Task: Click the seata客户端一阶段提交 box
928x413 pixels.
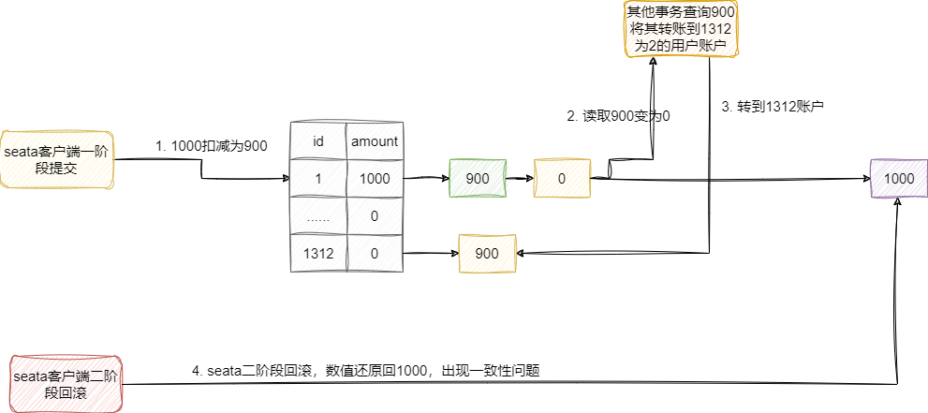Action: tap(57, 158)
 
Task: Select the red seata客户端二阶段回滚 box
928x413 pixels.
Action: tap(66, 384)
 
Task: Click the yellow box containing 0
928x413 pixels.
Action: tap(562, 178)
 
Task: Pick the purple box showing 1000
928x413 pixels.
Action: tap(899, 178)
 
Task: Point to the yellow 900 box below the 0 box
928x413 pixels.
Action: tap(487, 253)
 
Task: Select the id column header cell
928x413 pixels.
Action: tap(318, 141)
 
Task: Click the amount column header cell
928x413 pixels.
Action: tap(375, 141)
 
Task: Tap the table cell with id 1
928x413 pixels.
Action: tap(318, 178)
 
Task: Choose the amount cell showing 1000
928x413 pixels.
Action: tap(375, 178)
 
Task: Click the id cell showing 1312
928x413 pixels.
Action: tap(318, 253)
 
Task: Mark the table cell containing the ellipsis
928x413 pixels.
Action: tap(318, 216)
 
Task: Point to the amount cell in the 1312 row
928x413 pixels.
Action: tap(375, 253)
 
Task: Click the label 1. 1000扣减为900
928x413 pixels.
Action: tap(212, 146)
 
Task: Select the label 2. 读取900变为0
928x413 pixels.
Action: tap(619, 117)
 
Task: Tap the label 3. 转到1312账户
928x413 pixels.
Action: tap(773, 107)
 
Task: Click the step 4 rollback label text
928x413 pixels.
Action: tap(365, 371)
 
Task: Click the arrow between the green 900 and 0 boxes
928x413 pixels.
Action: tap(520, 178)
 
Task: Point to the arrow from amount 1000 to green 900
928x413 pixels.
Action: tap(426, 178)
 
